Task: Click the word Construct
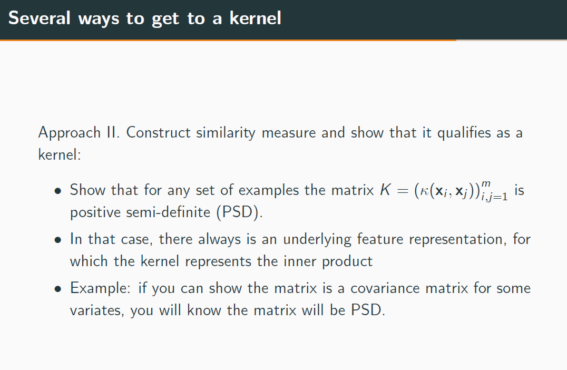click(x=159, y=132)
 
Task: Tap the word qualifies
click(x=465, y=132)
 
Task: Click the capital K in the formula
click(x=385, y=190)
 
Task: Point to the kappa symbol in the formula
click(x=423, y=191)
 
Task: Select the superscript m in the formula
click(x=486, y=183)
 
